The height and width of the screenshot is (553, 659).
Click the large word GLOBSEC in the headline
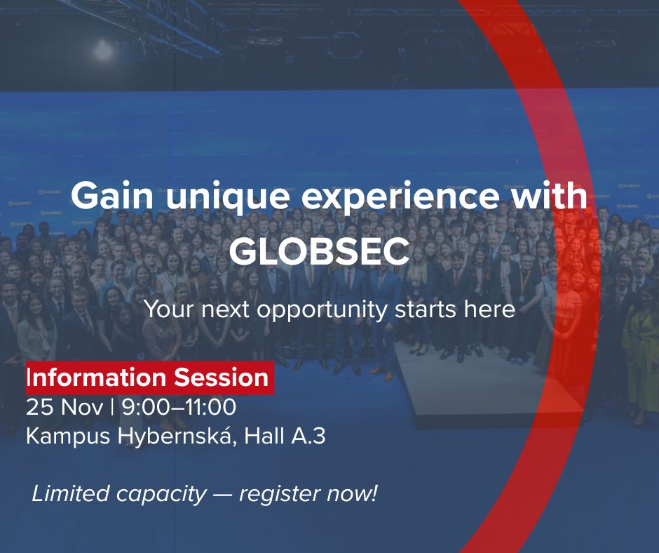(x=319, y=251)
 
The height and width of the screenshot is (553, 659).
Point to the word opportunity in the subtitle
(x=321, y=309)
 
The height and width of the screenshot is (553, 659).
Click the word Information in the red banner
(x=97, y=378)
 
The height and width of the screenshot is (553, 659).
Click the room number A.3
(x=308, y=436)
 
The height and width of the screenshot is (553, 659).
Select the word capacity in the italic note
(x=161, y=494)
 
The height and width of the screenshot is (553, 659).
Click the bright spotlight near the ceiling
(x=104, y=49)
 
